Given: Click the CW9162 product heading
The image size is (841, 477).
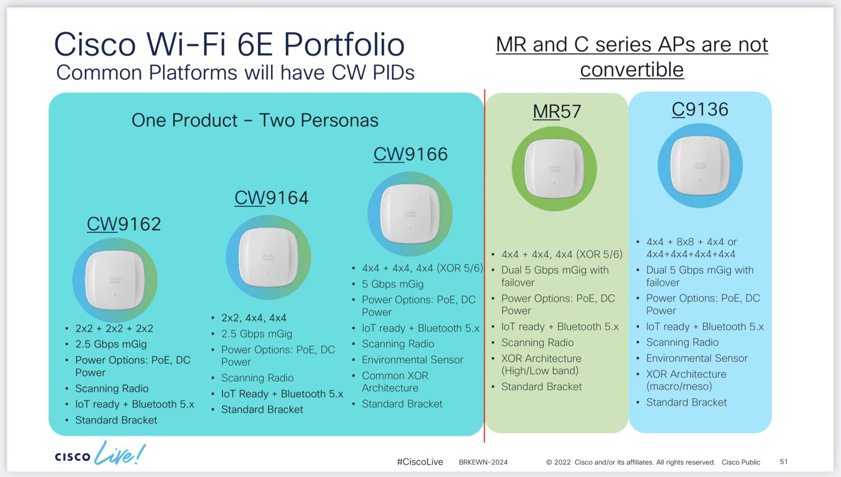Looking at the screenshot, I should (x=124, y=224).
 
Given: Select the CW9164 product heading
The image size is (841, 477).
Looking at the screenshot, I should (x=271, y=197).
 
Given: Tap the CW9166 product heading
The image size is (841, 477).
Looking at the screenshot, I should (x=410, y=154).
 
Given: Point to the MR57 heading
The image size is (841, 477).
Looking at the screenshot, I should (x=556, y=112).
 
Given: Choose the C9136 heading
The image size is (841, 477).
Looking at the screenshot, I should (x=700, y=109).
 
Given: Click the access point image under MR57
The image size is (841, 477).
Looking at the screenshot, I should (x=554, y=168).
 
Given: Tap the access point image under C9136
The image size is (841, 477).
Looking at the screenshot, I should (x=700, y=165).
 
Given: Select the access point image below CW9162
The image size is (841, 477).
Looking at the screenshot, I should (x=115, y=280).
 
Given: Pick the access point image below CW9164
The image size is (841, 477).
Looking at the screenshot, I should (x=268, y=257).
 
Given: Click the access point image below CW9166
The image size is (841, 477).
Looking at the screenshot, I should (x=410, y=214).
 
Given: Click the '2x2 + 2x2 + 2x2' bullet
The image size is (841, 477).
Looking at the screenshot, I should (x=114, y=328).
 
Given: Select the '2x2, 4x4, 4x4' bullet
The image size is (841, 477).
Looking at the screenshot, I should (x=254, y=318).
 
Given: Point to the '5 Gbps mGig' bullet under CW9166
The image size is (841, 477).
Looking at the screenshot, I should (x=393, y=284).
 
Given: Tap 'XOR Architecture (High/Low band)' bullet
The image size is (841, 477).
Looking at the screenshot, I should (x=541, y=364).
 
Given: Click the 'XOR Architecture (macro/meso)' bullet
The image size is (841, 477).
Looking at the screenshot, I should (x=686, y=380).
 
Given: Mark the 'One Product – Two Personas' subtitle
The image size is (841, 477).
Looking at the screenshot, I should (x=255, y=120).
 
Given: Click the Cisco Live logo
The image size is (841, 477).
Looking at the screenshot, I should (x=100, y=454).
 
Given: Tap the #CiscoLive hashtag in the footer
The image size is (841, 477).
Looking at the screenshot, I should (x=419, y=462).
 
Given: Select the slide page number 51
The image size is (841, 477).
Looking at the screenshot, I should (x=784, y=462).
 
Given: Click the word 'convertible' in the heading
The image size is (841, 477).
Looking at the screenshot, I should (x=631, y=70).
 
